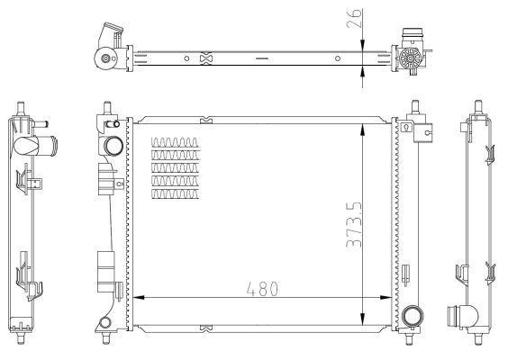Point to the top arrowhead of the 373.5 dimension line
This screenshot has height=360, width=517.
pyautogui.click(x=362, y=121)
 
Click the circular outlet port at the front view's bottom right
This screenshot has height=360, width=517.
pyautogui.click(x=413, y=316)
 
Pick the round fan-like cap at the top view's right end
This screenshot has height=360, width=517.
pyautogui.click(x=408, y=60)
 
